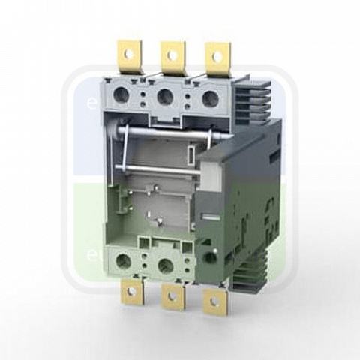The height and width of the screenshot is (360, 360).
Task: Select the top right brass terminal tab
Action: (217, 58)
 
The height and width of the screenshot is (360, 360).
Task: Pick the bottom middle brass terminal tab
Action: (172, 300)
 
